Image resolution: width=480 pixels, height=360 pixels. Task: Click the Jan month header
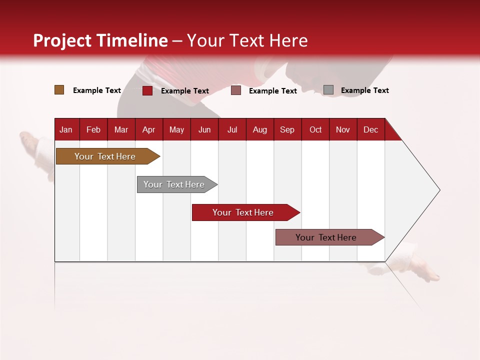66,129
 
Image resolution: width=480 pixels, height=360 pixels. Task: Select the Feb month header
93,129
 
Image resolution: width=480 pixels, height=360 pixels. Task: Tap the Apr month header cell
148,129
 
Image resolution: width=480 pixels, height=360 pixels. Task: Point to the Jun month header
204,129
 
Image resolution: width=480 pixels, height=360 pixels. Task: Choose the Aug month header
259,129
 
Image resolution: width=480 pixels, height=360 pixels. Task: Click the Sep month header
287,129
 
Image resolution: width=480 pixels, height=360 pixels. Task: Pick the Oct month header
315,129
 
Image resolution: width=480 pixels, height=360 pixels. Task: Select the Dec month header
370,129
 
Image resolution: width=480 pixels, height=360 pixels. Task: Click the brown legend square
59,90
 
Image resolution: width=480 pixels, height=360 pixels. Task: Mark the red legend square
147,90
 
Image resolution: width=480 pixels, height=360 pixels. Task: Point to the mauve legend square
236,90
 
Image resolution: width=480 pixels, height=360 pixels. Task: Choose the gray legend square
328,90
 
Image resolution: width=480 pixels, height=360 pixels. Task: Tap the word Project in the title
62,40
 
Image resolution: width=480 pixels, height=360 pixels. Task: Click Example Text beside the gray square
364,90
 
